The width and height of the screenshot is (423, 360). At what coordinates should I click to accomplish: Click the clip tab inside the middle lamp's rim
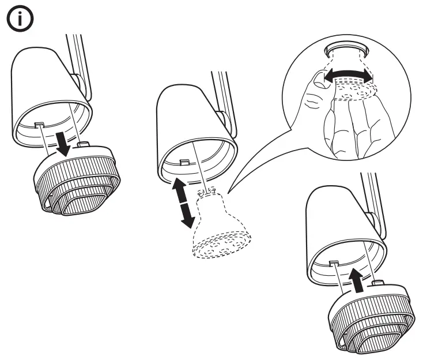[x=184, y=164]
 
